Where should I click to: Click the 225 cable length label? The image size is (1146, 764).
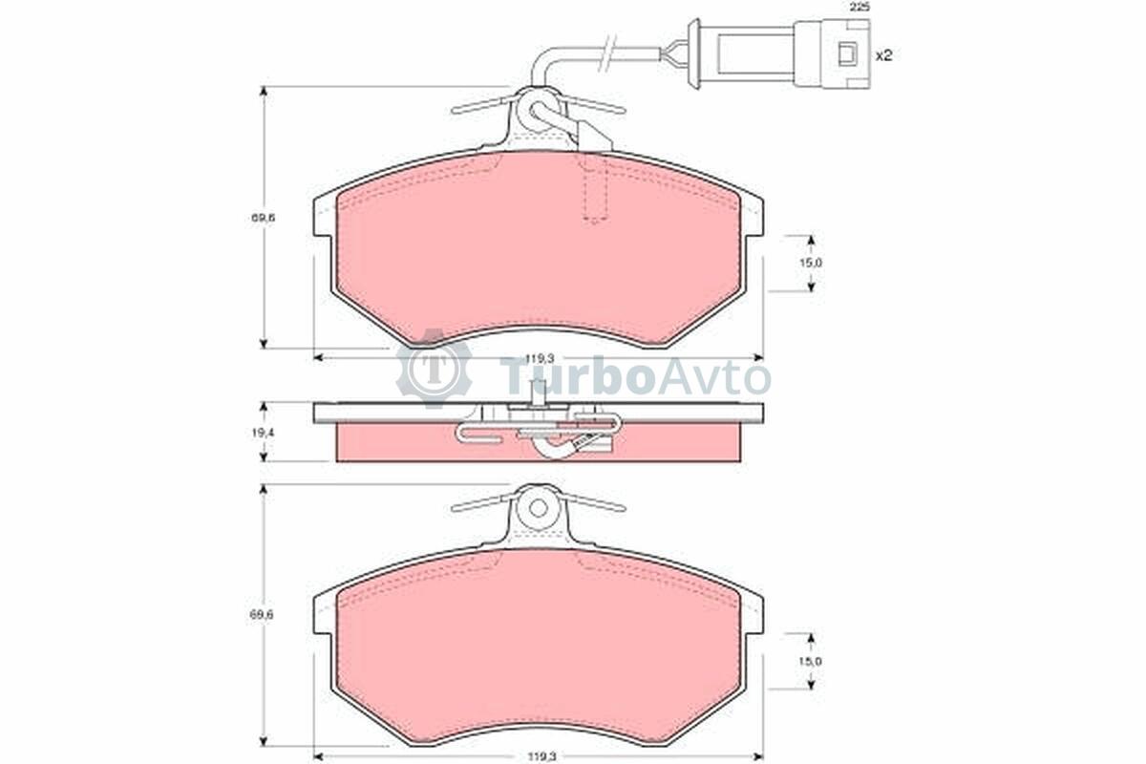pos(859,8)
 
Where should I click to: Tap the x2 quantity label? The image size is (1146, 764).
pos(884,55)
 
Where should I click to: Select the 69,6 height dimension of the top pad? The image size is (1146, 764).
pos(263,218)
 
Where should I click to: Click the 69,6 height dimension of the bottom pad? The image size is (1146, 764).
pos(263,615)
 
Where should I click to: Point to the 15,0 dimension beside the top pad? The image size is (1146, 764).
pos(811,263)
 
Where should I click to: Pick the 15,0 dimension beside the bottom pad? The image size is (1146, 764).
pos(811,661)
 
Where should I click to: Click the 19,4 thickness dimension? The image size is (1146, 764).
pos(263,433)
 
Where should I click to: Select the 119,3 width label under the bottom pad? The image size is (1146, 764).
pos(542,755)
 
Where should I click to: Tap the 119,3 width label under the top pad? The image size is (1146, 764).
pos(541,359)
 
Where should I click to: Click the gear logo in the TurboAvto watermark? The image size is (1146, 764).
pos(435,369)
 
